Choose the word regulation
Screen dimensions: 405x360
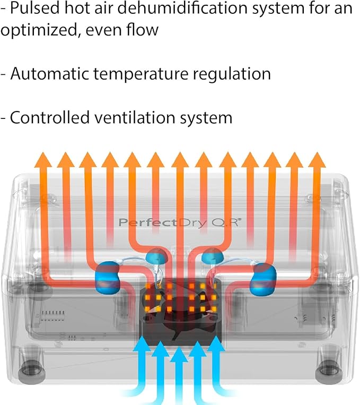click(x=231, y=74)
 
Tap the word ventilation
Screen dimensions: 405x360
click(x=135, y=117)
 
